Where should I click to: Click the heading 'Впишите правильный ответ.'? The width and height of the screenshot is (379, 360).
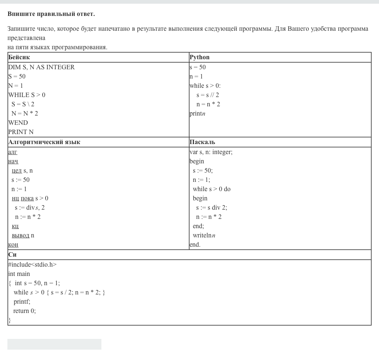coord(51,14)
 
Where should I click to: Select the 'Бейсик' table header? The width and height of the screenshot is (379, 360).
coord(19,57)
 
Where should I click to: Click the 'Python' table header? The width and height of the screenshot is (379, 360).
coord(199,57)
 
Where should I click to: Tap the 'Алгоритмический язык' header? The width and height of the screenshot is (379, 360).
coord(44,142)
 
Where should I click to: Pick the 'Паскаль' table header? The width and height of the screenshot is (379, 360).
coord(202,142)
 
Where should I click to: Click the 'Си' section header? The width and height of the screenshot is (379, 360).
coord(12,255)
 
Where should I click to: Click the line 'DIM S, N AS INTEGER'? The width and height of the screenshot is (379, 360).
coord(41,67)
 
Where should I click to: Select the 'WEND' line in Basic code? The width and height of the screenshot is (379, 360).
coord(18,123)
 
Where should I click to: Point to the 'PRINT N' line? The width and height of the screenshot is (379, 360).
coord(21,132)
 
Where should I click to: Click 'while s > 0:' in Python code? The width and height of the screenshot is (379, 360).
coord(205,86)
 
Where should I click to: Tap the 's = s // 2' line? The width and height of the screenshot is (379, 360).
coord(208,95)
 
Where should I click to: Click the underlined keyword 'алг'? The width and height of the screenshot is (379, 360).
coord(13,152)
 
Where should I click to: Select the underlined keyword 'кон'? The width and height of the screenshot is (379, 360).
coord(13,245)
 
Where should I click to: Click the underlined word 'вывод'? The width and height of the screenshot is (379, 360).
coord(20,236)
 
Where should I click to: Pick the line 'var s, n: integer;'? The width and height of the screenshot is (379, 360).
coord(211,152)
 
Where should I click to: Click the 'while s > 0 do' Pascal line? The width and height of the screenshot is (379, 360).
coord(211,189)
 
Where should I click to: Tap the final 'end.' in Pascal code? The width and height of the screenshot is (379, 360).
coord(195,245)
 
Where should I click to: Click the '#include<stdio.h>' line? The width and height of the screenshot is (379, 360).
coord(32,265)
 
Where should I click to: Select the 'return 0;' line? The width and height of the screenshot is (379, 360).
coord(24,311)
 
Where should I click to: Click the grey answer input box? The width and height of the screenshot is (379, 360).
coord(54,344)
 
